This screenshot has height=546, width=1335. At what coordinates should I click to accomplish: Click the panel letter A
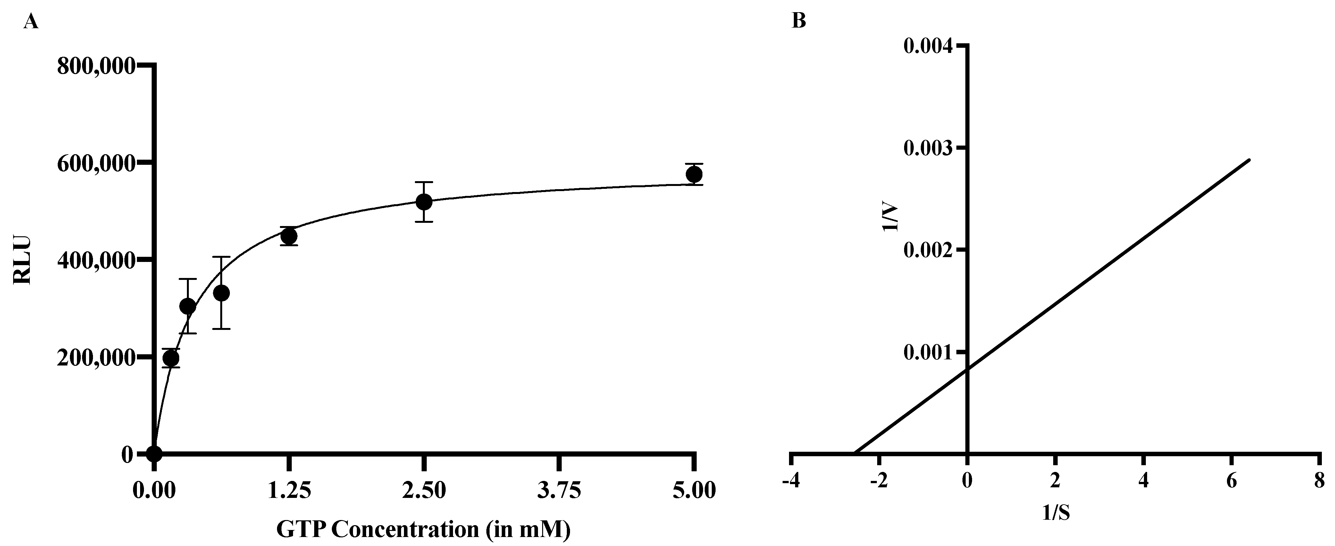click(x=31, y=22)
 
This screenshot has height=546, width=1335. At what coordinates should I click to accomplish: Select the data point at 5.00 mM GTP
click(x=694, y=175)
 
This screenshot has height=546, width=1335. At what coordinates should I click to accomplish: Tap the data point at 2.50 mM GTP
click(x=424, y=202)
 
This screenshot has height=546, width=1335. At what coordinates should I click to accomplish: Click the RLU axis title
click(x=23, y=261)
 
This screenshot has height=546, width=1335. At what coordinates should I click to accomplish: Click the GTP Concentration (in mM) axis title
click(x=424, y=529)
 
